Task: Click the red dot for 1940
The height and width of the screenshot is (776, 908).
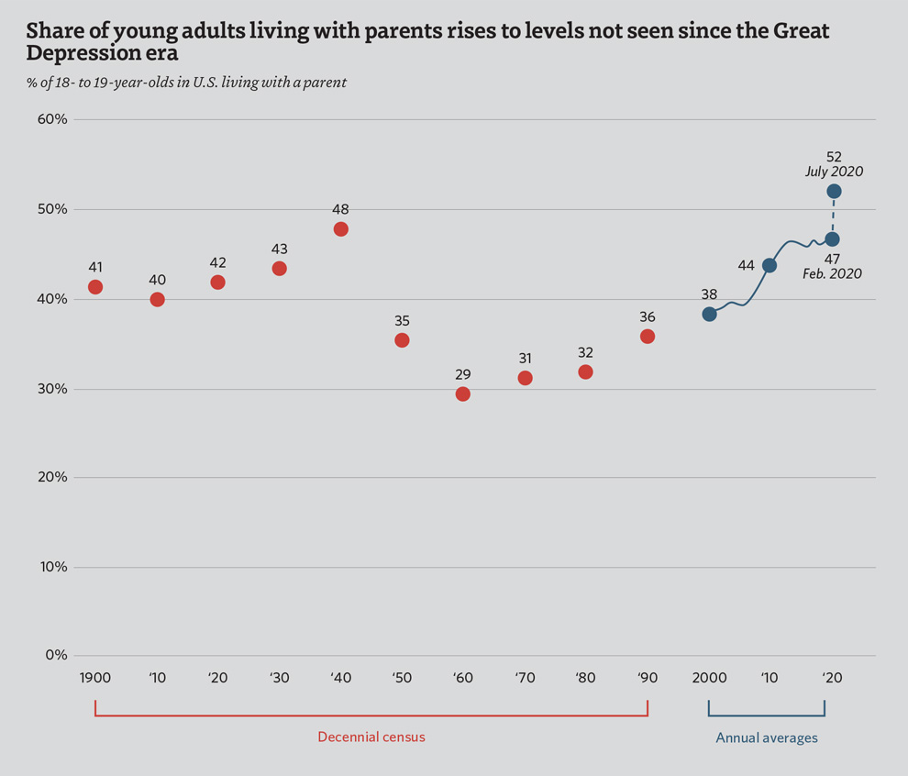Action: click(x=341, y=228)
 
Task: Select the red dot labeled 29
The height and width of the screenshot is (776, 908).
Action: click(x=463, y=394)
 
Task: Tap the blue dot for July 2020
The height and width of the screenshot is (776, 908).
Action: click(x=834, y=191)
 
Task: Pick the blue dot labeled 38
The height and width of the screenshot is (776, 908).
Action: click(x=709, y=314)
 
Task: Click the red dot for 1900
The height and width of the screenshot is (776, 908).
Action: click(x=95, y=287)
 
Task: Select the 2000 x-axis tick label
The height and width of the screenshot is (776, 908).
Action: click(x=710, y=679)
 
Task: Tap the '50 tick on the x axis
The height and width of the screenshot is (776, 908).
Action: click(x=401, y=679)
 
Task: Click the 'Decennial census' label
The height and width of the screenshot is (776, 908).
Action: click(x=371, y=737)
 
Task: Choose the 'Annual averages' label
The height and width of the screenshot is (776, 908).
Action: click(x=767, y=737)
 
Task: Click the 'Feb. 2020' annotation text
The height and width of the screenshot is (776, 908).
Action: click(x=832, y=273)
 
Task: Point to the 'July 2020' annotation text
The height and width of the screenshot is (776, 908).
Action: click(x=834, y=171)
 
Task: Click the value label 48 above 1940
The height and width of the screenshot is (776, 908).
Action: click(x=340, y=209)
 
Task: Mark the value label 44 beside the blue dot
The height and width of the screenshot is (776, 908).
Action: click(x=746, y=265)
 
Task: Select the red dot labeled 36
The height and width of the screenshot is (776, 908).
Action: click(x=648, y=337)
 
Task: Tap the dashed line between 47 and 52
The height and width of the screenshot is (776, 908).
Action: click(x=833, y=216)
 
